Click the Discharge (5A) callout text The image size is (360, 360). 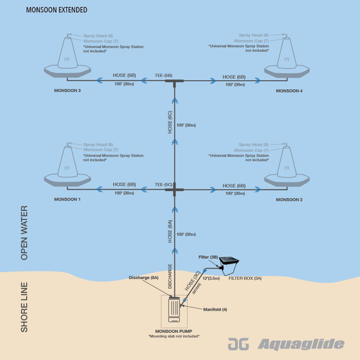click(x=143, y=278)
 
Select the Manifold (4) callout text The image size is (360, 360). click(x=215, y=309)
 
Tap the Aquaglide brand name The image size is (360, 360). click(x=300, y=345)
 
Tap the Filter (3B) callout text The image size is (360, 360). click(x=209, y=257)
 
